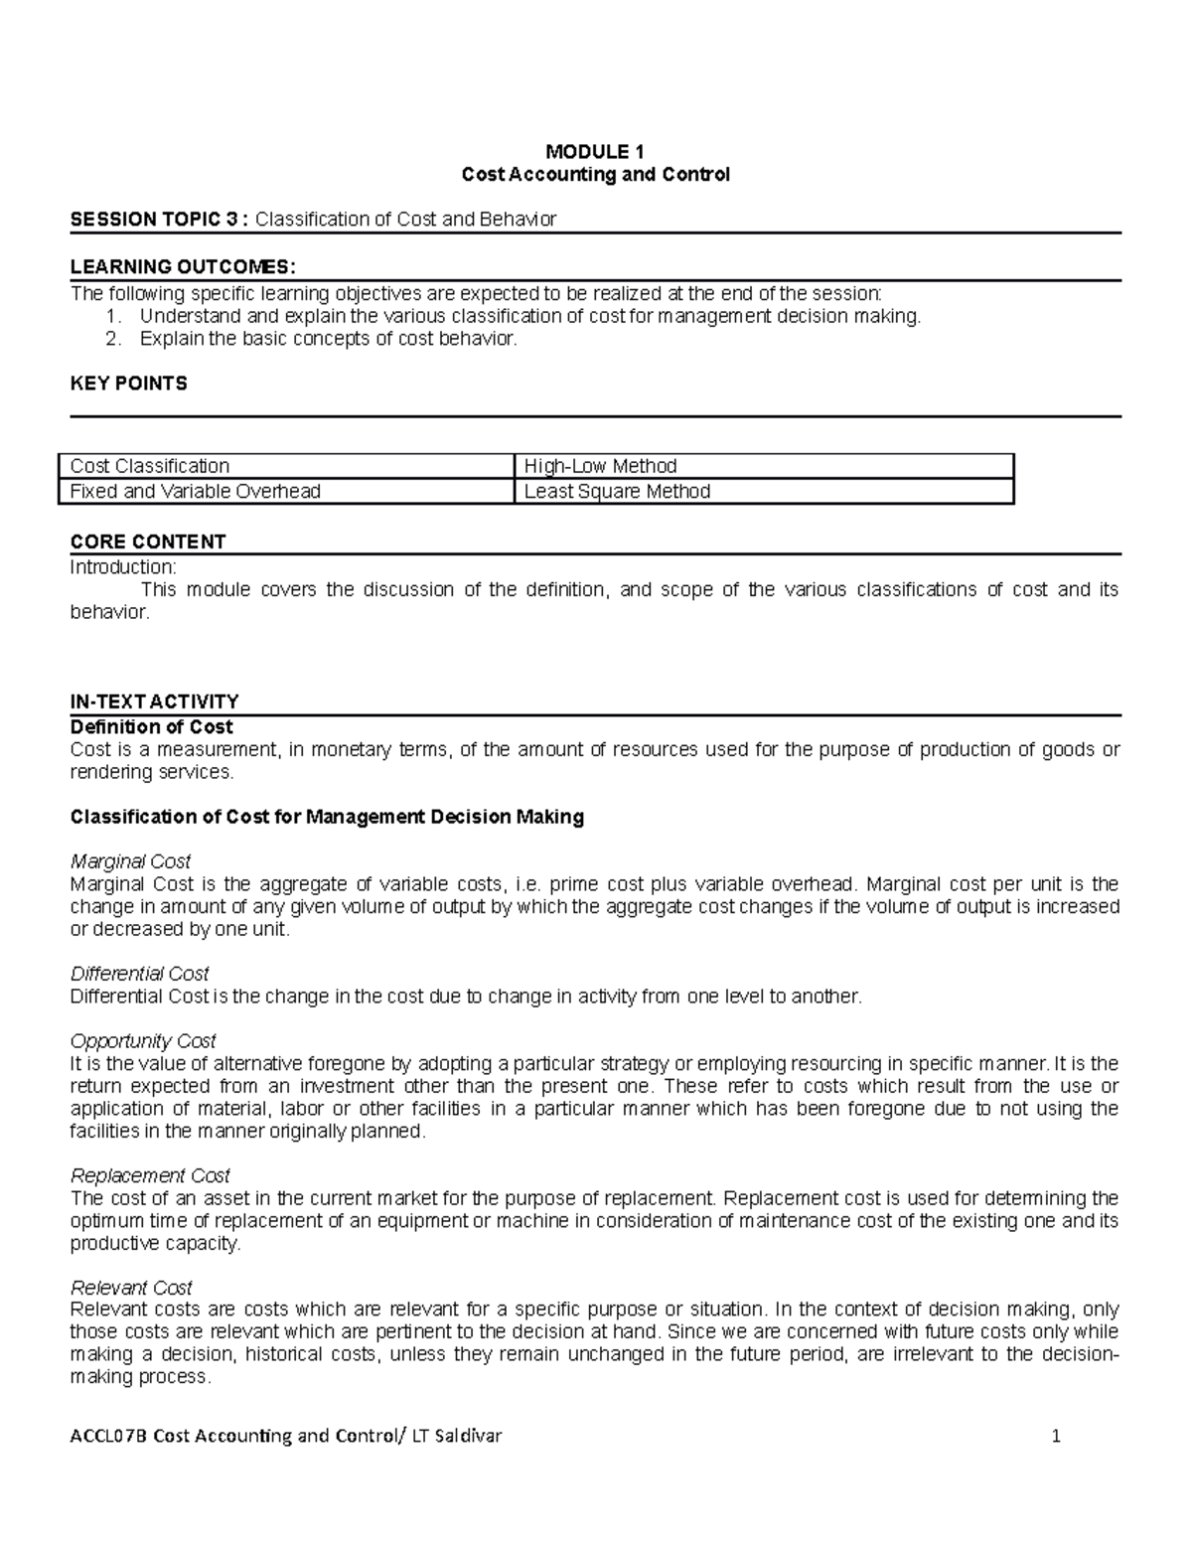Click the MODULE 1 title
coord(595,152)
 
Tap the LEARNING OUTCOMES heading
coord(183,266)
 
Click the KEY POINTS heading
coord(128,384)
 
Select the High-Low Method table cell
coord(600,466)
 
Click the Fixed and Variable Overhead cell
coord(195,491)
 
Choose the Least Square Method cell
coord(617,491)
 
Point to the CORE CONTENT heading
coord(148,541)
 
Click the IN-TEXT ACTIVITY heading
coord(154,701)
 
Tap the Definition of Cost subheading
coord(151,726)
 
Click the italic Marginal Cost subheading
coord(130,861)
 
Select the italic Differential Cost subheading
coord(139,974)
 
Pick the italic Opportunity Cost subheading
coord(143,1041)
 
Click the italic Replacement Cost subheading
coord(150,1175)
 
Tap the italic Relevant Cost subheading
coord(131,1288)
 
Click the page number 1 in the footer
coord(1057,1436)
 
